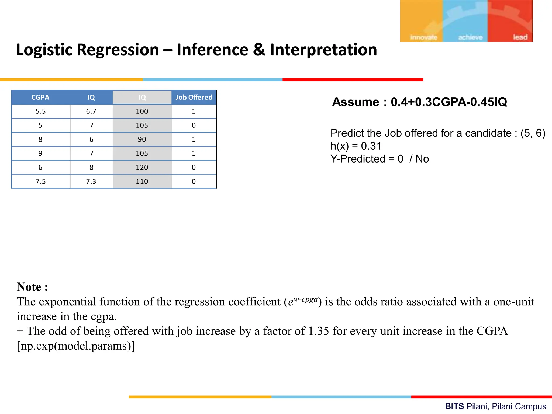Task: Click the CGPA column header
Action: (x=40, y=97)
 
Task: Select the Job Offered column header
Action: (x=194, y=97)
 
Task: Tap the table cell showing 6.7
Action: (x=91, y=111)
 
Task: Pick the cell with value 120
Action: (x=142, y=167)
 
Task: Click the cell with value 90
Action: (x=142, y=139)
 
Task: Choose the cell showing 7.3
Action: (x=91, y=181)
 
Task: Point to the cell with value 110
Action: (x=142, y=181)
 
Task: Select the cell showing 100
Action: (x=142, y=111)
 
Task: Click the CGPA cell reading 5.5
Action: (x=41, y=111)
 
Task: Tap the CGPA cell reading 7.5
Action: (x=41, y=181)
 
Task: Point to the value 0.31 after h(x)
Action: (x=371, y=146)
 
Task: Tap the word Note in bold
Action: (x=29, y=287)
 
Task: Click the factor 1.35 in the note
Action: (x=319, y=331)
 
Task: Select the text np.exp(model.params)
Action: (x=76, y=346)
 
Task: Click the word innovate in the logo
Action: (x=423, y=37)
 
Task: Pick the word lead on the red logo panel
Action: (x=520, y=37)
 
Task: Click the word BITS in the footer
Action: (x=454, y=406)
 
